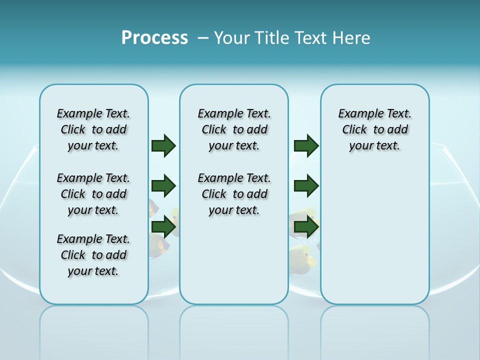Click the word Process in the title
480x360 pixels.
tap(154, 38)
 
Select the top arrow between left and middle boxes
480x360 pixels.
tap(163, 145)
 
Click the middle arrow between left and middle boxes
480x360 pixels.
tap(163, 186)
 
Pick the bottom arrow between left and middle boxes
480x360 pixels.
tap(163, 226)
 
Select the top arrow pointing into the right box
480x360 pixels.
tap(306, 145)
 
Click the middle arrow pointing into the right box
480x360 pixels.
tap(306, 186)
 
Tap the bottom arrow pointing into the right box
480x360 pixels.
tap(306, 226)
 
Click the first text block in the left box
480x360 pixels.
tap(93, 129)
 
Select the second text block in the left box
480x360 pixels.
tap(93, 194)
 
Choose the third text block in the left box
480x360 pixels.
tap(93, 255)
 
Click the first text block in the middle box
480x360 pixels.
tap(234, 129)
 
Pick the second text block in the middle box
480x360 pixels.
tap(234, 194)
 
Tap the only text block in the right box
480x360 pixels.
tap(374, 129)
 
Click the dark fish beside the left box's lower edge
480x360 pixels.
tap(159, 245)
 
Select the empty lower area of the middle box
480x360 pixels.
tap(234, 260)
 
